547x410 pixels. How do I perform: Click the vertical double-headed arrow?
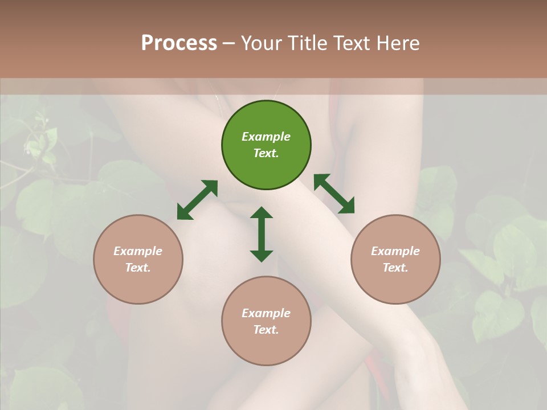pyautogui.click(x=262, y=234)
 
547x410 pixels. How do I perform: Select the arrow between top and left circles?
pyautogui.click(x=197, y=200)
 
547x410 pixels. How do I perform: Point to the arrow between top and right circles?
pyautogui.click(x=334, y=194)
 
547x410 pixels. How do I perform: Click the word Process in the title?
pyautogui.click(x=179, y=43)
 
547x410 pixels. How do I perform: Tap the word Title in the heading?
pyautogui.click(x=308, y=43)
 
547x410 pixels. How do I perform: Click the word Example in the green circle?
pyautogui.click(x=266, y=137)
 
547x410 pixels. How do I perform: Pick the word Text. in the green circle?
pyautogui.click(x=266, y=153)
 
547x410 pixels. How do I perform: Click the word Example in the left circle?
pyautogui.click(x=138, y=251)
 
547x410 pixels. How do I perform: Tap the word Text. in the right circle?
pyautogui.click(x=395, y=268)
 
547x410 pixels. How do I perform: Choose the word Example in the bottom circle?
pyautogui.click(x=266, y=313)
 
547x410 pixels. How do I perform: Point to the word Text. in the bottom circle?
pyautogui.click(x=266, y=330)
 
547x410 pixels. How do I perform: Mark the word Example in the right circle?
pyautogui.click(x=395, y=251)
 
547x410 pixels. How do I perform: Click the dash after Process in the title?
pyautogui.click(x=229, y=43)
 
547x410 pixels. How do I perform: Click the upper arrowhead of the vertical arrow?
pyautogui.click(x=262, y=213)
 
